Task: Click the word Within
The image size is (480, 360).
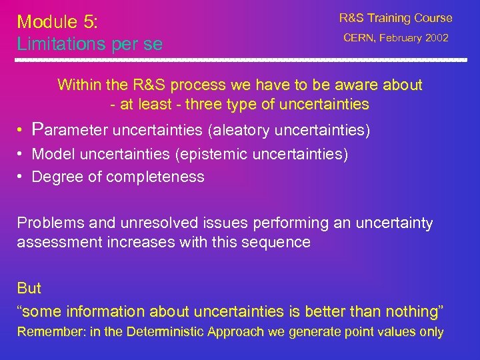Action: click(x=79, y=85)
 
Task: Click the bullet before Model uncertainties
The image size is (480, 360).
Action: click(x=21, y=154)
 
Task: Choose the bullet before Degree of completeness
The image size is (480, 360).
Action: click(x=21, y=177)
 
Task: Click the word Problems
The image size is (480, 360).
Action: click(x=45, y=223)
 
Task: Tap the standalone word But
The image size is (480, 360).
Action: click(x=29, y=289)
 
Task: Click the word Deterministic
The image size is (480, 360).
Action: click(x=167, y=332)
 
